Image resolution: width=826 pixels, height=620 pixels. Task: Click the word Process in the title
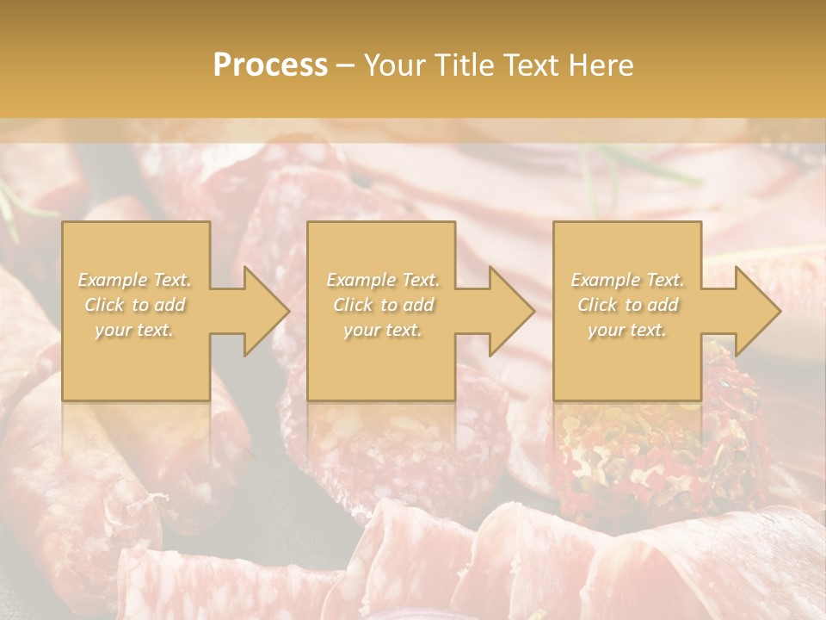click(270, 65)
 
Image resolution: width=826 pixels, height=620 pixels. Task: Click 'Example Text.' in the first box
click(135, 280)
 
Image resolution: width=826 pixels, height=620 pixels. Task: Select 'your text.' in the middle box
click(382, 331)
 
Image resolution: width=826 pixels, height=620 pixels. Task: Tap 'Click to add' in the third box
click(627, 305)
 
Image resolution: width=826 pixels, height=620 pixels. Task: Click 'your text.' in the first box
click(135, 331)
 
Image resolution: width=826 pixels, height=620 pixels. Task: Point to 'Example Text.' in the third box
click(627, 280)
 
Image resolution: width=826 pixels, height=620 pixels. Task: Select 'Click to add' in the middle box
click(382, 305)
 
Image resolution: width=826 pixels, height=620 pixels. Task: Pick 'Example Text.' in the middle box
click(382, 280)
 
